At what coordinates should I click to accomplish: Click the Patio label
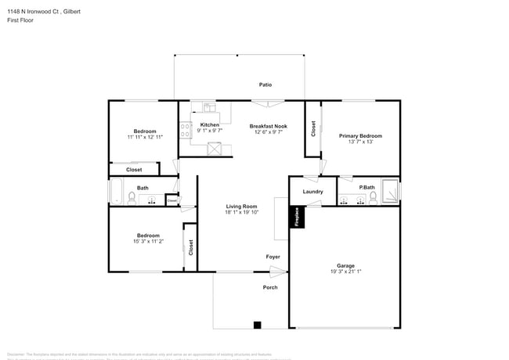pyautogui.click(x=265, y=84)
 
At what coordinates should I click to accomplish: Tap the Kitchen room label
pyautogui.click(x=209, y=125)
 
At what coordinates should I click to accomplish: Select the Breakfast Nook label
pyautogui.click(x=268, y=125)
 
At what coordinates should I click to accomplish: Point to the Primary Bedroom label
pyautogui.click(x=360, y=135)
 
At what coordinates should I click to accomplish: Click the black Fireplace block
pyautogui.click(x=297, y=217)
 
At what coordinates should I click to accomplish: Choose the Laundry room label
pyautogui.click(x=312, y=191)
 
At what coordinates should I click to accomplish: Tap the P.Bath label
pyautogui.click(x=366, y=188)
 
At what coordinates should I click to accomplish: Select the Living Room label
pyautogui.click(x=241, y=205)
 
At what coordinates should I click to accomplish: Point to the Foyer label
pyautogui.click(x=273, y=257)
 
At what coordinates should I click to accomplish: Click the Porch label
pyautogui.click(x=269, y=287)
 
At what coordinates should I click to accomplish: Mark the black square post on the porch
pyautogui.click(x=256, y=325)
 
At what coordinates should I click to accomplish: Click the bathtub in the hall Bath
pyautogui.click(x=116, y=192)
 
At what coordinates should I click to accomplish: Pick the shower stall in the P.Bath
pyautogui.click(x=391, y=192)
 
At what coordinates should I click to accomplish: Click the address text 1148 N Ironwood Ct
pyautogui.click(x=35, y=12)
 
